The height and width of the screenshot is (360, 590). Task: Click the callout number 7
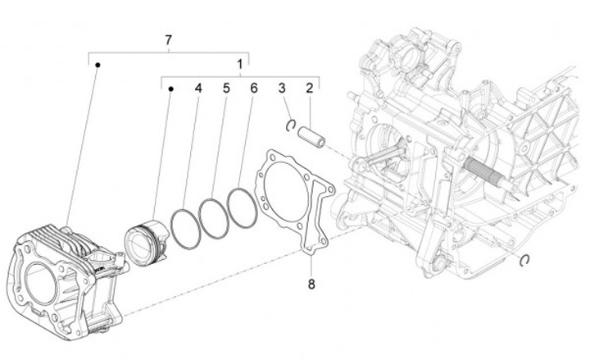168,40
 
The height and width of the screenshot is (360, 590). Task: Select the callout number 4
198,88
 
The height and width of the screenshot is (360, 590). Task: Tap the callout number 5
225,88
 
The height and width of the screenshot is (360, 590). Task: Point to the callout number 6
253,88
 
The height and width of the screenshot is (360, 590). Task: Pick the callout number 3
281,88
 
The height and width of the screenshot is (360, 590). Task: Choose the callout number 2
311,88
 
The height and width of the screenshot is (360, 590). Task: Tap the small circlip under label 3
291,124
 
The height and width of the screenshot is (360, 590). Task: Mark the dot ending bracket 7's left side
97,64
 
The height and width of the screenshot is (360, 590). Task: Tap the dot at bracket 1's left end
170,88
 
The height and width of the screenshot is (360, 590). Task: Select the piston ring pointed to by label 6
243,207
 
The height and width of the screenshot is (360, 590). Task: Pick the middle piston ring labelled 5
214,217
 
